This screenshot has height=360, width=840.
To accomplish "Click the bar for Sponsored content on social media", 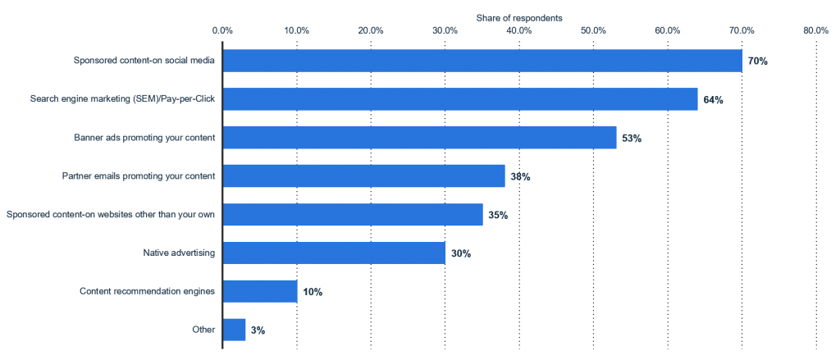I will [482, 61].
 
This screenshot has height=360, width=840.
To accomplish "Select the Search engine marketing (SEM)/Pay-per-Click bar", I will [460, 99].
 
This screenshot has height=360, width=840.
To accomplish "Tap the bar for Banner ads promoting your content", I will [419, 138].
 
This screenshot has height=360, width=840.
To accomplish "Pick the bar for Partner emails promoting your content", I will [363, 176].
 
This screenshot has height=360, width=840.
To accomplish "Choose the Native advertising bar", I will [334, 253].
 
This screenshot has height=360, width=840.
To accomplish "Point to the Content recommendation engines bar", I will [260, 291].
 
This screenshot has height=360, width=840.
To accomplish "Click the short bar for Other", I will [234, 330].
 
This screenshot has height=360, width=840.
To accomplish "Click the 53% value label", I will [631, 139].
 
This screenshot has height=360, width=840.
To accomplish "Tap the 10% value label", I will [312, 292].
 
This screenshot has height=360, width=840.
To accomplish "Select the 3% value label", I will [258, 330].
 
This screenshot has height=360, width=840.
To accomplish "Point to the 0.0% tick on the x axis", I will [222, 30].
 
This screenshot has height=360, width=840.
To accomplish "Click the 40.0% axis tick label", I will [519, 30].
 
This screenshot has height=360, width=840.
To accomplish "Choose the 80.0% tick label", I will [815, 30].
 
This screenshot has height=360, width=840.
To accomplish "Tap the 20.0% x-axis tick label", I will [371, 30].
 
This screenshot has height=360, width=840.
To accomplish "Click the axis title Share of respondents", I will [518, 16].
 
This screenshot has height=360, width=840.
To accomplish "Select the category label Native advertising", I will [179, 253].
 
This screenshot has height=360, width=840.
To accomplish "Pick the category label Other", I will [205, 330].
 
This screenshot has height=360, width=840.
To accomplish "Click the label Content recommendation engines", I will [147, 291].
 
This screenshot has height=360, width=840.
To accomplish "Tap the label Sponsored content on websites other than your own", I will [111, 215].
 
